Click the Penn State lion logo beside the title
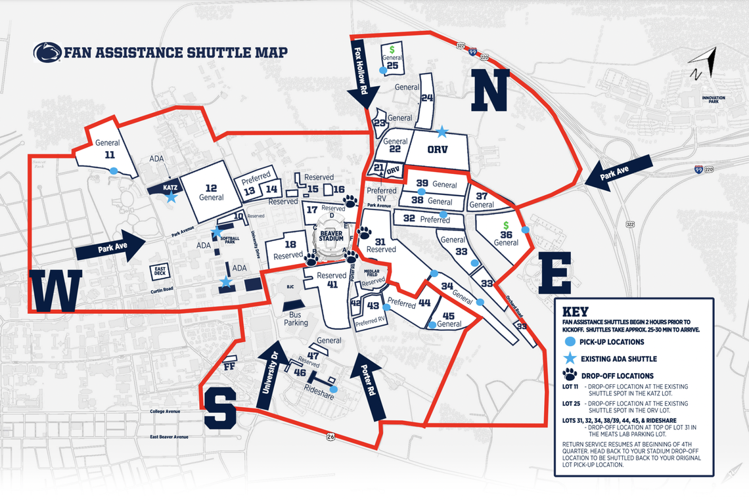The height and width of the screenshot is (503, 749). pyautogui.click(x=47, y=53)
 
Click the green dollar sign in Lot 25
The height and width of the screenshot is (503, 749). pyautogui.click(x=392, y=49)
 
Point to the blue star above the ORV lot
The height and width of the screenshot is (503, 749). pyautogui.click(x=442, y=131)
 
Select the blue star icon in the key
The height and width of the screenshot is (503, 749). pyautogui.click(x=569, y=359)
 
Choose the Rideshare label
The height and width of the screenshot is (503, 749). pyautogui.click(x=320, y=388)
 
